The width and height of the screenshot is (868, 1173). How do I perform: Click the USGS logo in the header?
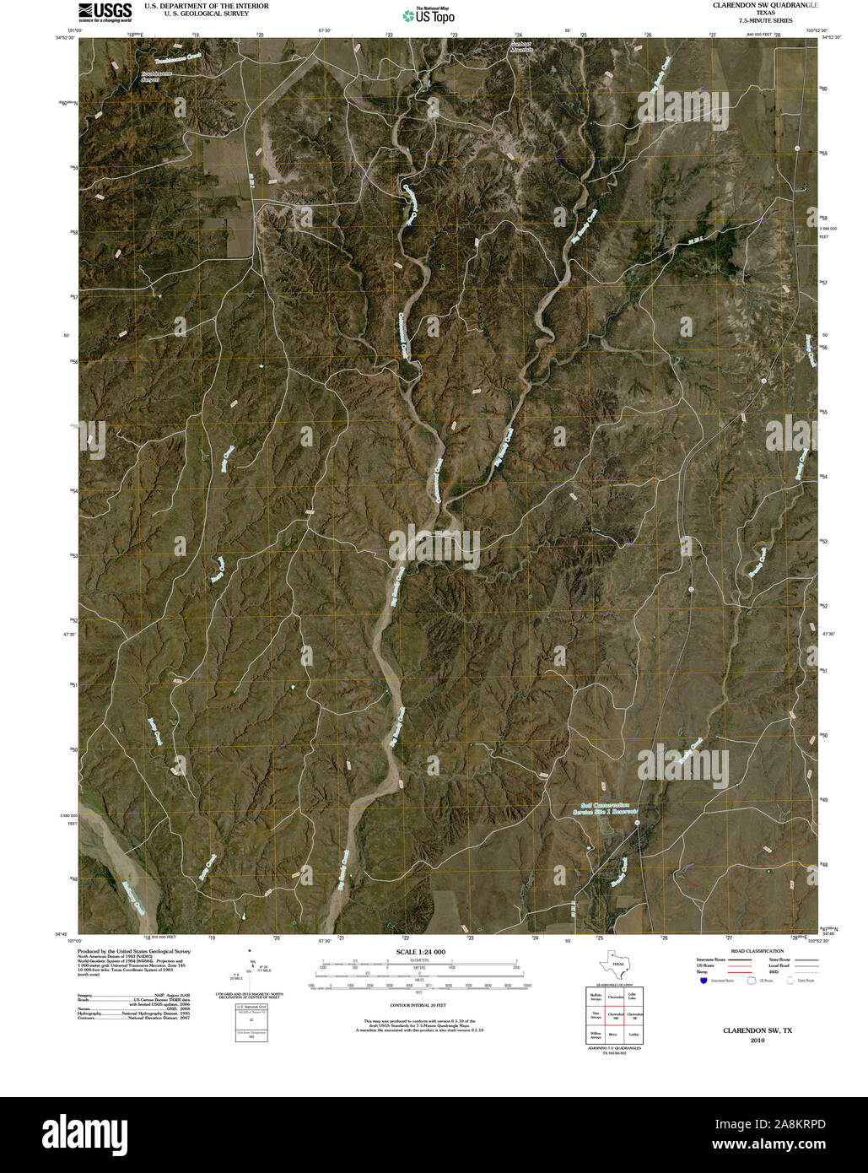(x=105, y=10)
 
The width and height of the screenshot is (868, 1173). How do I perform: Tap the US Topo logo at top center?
(x=429, y=15)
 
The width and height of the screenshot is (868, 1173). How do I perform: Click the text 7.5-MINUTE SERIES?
(x=765, y=20)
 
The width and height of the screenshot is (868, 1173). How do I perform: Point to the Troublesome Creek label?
(x=178, y=60)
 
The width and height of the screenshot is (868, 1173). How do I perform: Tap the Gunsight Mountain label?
(x=522, y=47)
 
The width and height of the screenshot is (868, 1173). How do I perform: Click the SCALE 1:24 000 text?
(x=420, y=952)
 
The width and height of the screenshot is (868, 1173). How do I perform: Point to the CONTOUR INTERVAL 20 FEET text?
(x=418, y=1006)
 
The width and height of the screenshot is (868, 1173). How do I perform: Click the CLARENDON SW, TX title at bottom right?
(x=757, y=1030)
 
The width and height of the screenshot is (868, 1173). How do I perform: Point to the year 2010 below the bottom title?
(x=757, y=1041)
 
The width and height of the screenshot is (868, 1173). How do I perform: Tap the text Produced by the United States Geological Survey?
(x=133, y=951)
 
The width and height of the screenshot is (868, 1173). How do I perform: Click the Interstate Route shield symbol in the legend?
(x=703, y=981)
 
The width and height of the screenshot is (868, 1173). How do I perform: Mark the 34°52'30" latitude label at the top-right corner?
(x=831, y=37)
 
